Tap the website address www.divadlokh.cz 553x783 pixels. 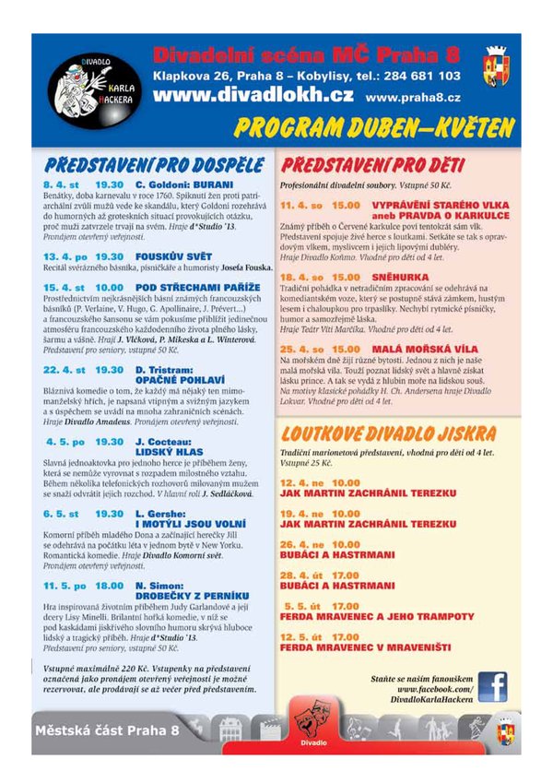pyautogui.click(x=253, y=94)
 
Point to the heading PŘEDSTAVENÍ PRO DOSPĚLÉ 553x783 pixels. pyautogui.click(x=154, y=166)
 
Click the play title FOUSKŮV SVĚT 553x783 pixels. pyautogui.click(x=174, y=255)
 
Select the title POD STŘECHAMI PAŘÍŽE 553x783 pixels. pyautogui.click(x=193, y=287)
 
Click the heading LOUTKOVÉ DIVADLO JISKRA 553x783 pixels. pyautogui.click(x=388, y=433)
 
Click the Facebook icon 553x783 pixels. pyautogui.click(x=492, y=686)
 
